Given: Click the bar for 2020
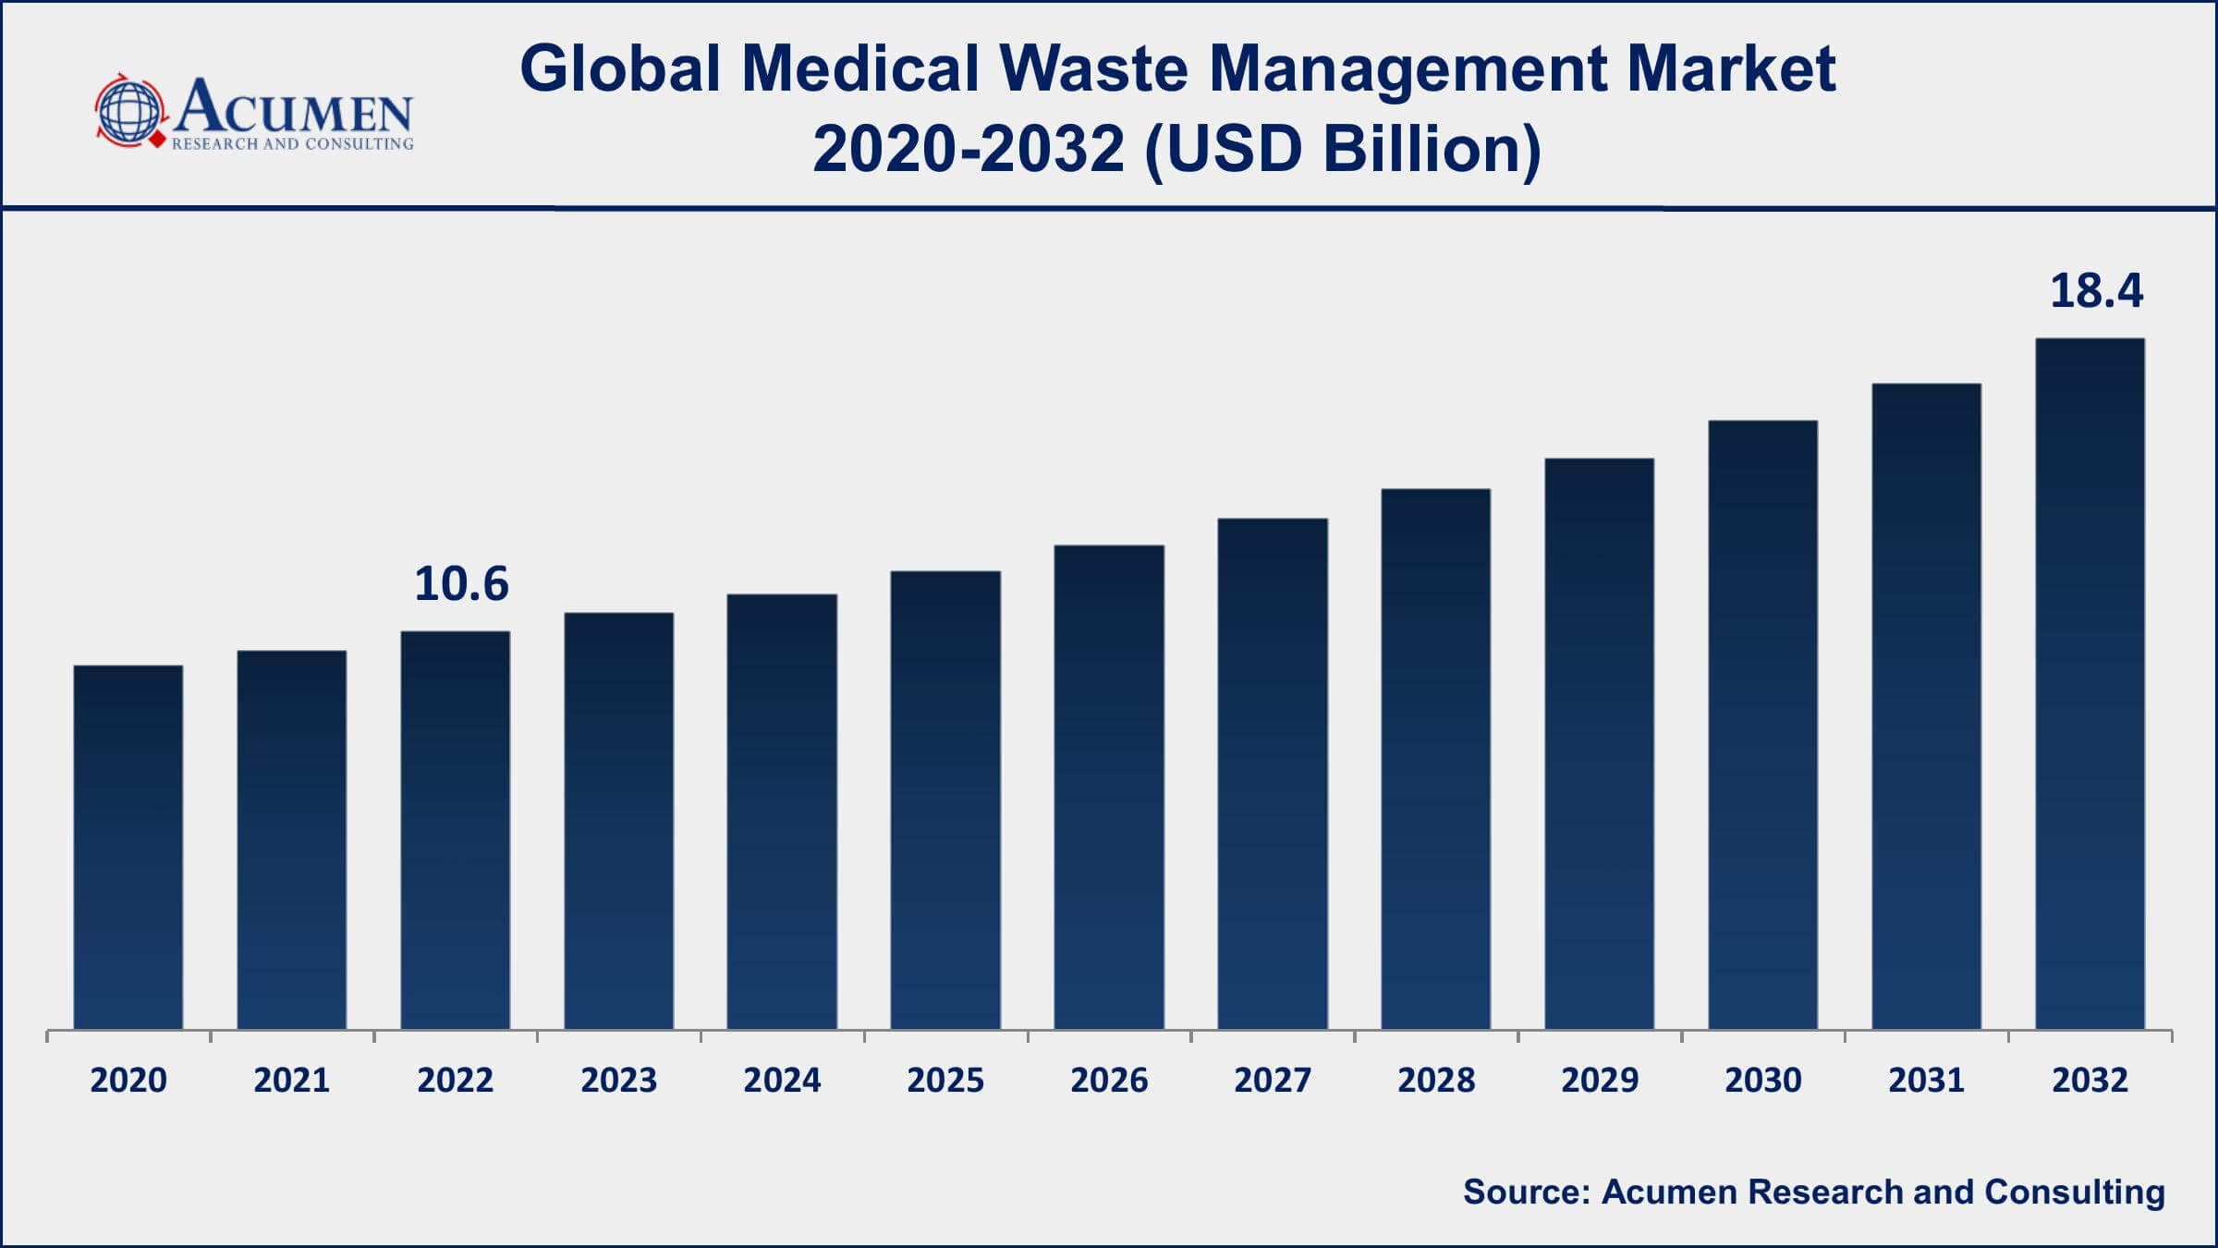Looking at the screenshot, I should (x=128, y=846).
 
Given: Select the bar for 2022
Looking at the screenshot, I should (x=455, y=829).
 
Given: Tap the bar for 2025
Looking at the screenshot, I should (x=945, y=800).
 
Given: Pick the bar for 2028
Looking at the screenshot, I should (x=1435, y=758).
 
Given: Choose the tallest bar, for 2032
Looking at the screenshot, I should (x=2090, y=683).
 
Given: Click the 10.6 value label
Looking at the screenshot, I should (x=461, y=584).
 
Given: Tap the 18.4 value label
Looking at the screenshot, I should (x=2096, y=291).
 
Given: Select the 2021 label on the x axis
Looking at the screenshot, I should (x=292, y=1080).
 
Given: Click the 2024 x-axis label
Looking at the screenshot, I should (x=782, y=1080).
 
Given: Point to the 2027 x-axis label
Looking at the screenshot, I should (x=1273, y=1080).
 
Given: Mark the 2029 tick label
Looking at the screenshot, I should (x=1600, y=1080).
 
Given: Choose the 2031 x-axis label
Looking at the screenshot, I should (x=1926, y=1080).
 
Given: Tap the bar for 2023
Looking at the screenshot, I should (x=618, y=820).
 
